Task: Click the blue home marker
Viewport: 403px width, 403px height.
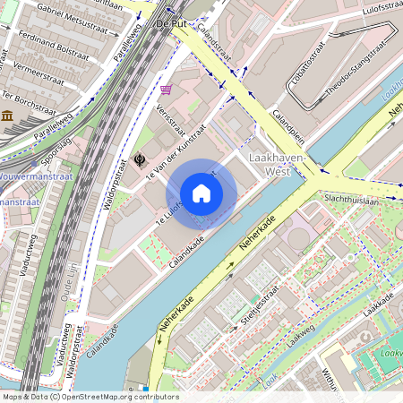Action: pos(201,193)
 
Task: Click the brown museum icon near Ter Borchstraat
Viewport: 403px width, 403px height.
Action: pos(6,116)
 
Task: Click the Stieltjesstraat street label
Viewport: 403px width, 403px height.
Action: pos(260,304)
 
